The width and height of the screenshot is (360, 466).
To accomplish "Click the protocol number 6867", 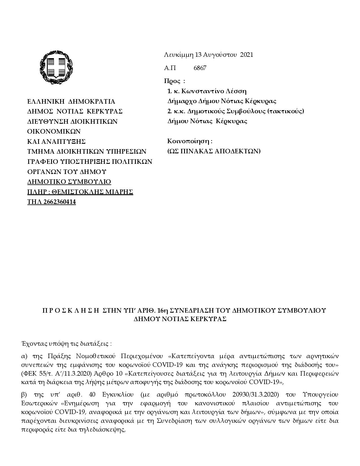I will click(200, 68).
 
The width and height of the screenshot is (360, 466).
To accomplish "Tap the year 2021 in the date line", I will click(246, 55).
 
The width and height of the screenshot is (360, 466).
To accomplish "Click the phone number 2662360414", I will click(60, 202).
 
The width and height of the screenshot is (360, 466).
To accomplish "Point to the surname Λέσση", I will click(237, 91).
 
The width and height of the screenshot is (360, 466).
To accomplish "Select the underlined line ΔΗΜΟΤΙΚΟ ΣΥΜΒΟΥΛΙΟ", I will click(69, 182).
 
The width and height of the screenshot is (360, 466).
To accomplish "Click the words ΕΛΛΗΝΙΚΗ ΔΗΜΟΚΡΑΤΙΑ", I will click(71, 102).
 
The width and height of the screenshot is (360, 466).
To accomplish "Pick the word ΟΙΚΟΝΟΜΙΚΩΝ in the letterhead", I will click(54, 132).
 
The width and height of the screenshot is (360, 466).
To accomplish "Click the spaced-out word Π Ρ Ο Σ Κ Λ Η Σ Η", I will click(70, 311).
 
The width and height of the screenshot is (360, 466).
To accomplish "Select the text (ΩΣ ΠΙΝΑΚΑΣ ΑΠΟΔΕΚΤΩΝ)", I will click(214, 151).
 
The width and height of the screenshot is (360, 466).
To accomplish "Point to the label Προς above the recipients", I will click(172, 81).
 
